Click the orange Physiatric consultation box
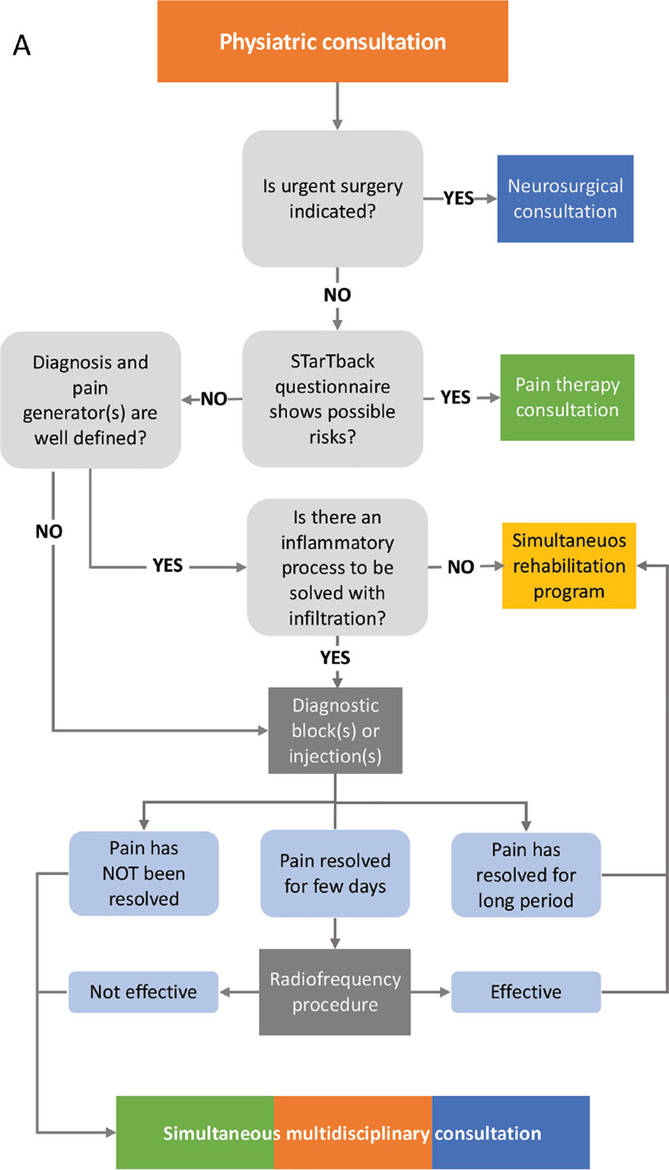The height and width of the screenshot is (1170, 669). pos(333,41)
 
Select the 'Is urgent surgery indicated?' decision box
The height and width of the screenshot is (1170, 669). pos(333,199)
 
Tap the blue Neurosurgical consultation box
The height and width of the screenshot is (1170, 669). pos(565,199)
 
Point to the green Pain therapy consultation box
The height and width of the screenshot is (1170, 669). pos(567,397)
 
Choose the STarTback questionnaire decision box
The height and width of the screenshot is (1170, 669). pos(333,398)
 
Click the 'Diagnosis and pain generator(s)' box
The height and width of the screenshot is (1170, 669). pos(91,400)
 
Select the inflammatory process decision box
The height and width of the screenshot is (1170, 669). pos(337,567)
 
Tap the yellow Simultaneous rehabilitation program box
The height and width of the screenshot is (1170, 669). pos(569,566)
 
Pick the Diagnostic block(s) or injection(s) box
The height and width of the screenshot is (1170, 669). pos(336,730)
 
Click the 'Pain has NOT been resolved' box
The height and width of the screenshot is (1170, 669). pos(144,874)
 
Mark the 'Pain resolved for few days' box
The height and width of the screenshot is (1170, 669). pos(335,874)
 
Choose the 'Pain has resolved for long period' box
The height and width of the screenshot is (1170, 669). pos(526,874)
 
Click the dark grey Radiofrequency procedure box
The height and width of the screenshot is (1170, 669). pos(335,992)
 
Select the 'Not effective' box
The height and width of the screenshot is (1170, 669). pos(143,992)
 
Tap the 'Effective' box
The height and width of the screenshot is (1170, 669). pos(526,992)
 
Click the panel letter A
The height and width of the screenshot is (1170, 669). pos(22,46)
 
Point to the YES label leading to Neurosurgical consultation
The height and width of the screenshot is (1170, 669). pos(459,198)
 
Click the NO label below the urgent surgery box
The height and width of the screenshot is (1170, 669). pos(337,295)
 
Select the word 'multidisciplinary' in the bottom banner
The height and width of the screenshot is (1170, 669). pos(357,1133)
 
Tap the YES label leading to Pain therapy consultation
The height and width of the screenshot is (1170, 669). pos(455,398)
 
